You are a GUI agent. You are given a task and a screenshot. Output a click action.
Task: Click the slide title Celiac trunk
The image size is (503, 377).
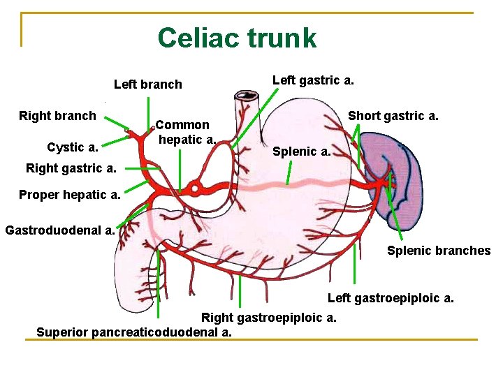[237, 38]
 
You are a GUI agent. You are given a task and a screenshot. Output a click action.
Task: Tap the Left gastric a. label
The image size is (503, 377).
[312, 80]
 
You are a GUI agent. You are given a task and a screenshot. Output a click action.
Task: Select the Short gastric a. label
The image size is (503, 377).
[393, 115]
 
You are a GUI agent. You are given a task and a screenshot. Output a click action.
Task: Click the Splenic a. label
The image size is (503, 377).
[301, 151]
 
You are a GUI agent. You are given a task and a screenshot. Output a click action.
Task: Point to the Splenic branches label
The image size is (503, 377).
[439, 251]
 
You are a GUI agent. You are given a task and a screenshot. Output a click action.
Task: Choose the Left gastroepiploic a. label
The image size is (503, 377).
[391, 298]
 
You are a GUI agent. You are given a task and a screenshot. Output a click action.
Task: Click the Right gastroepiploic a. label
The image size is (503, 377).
[269, 318]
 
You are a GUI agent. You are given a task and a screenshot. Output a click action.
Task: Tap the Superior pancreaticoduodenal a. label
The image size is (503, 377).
[134, 332]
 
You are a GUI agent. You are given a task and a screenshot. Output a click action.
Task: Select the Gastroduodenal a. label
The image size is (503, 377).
[60, 229]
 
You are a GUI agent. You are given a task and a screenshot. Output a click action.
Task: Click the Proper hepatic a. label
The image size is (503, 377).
[70, 195]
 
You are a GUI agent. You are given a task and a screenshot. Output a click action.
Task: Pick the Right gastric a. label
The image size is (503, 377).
[71, 168]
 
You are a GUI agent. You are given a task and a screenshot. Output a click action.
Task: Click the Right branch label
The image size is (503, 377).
[57, 116]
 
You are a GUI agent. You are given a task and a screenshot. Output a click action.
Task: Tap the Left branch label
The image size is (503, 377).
[147, 84]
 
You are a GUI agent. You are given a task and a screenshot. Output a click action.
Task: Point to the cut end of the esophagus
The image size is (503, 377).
[246, 96]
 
